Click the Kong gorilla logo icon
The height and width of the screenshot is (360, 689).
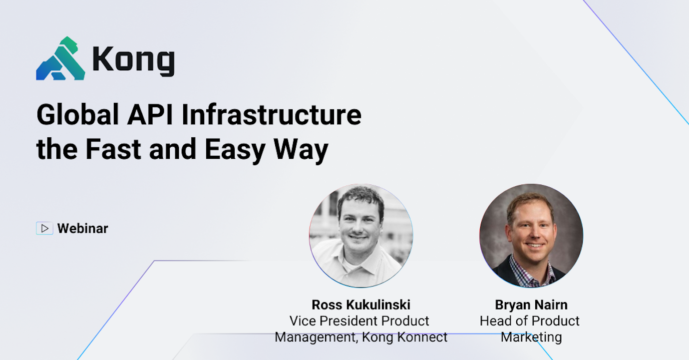[60, 59]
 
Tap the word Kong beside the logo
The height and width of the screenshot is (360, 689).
[133, 60]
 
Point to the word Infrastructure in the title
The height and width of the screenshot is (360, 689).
[272, 115]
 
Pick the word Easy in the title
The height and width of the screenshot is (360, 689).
[234, 149]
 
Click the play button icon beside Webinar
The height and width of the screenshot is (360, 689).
[44, 229]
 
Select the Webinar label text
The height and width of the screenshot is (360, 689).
[82, 229]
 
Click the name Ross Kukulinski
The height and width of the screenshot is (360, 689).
[361, 305]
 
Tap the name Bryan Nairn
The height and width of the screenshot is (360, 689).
[531, 305]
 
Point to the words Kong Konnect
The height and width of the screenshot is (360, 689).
[405, 337]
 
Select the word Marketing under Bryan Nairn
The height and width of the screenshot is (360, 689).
[531, 337]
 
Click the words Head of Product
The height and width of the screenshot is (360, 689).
[530, 321]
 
